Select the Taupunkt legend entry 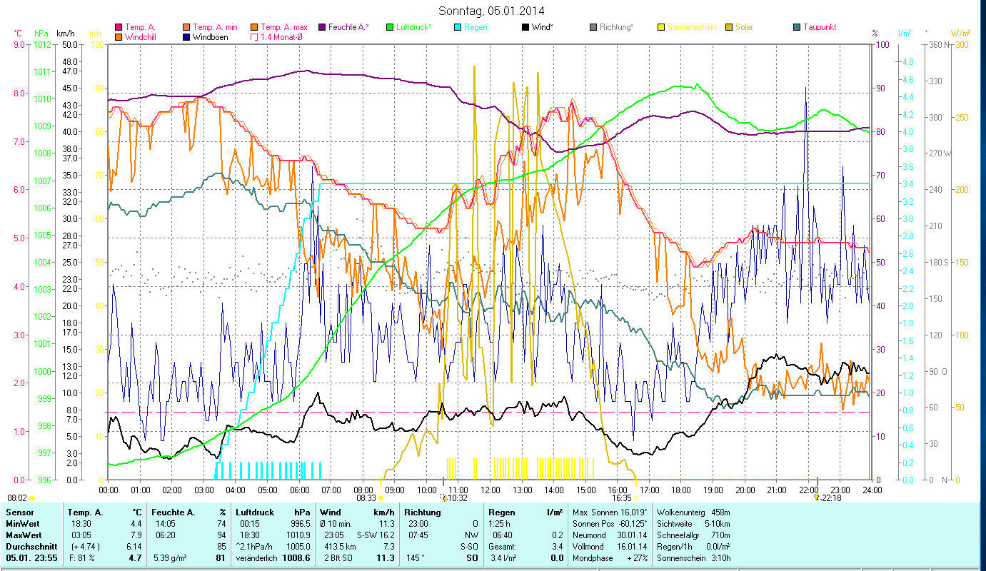pos(819,27)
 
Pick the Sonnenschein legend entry pos(690,27)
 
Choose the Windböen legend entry pos(210,36)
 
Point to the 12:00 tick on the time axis pos(491,490)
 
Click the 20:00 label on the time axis pos(745,490)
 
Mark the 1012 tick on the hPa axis pos(42,44)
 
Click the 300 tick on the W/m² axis pos(961,44)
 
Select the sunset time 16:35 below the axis pos(622,498)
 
